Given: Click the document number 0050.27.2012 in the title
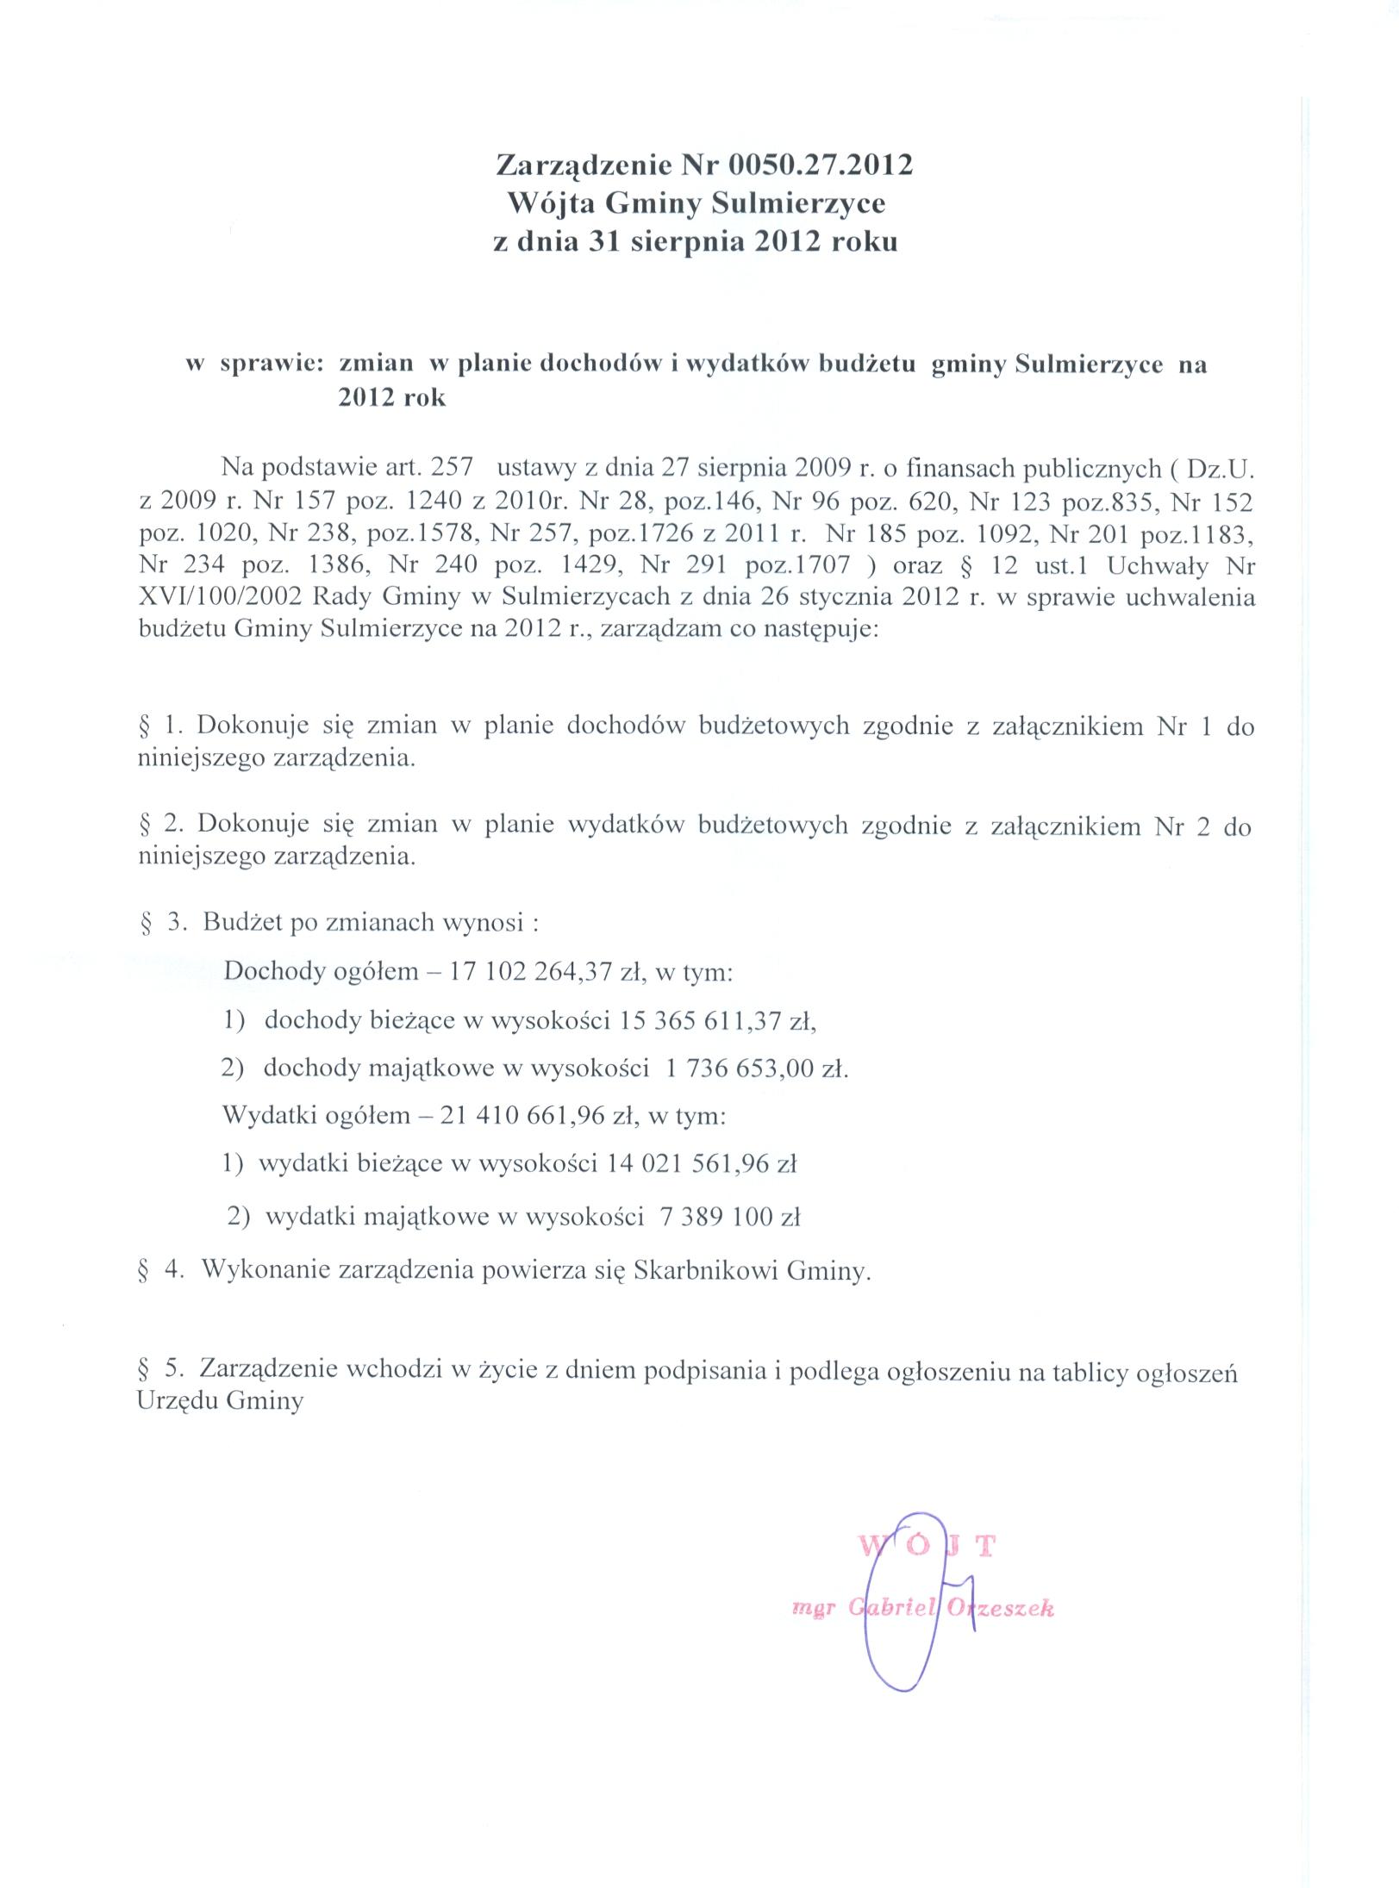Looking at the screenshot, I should pos(820,165).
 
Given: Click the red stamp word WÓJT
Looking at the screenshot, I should pos(927,1546).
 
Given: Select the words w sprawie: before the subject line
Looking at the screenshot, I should pos(255,365).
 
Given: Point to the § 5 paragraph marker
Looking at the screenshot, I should pos(160,1368).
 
